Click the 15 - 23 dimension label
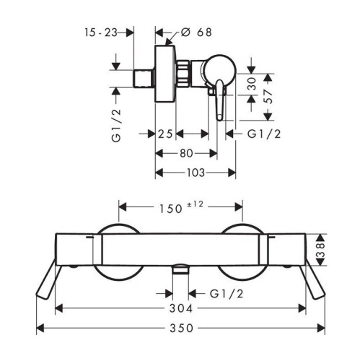point(101,32)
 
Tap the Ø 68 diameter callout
point(196,32)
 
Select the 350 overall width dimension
point(181,328)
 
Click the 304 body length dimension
point(181,308)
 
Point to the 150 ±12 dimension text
point(182,207)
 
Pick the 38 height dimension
point(320,250)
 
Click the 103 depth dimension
point(196,173)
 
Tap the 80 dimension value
point(186,153)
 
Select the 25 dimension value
point(165,134)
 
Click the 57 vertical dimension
point(268,97)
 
